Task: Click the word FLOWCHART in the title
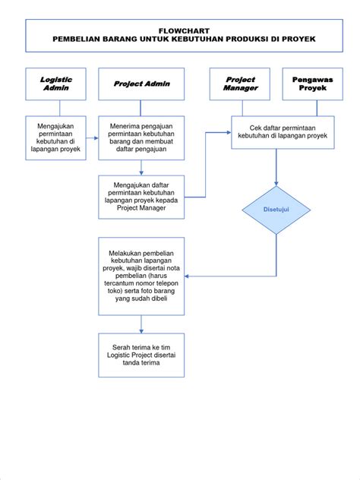180,28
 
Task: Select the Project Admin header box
141,84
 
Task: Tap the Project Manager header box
242,84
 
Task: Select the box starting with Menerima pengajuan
141,137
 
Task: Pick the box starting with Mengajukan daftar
141,197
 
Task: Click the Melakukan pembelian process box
141,276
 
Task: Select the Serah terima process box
141,353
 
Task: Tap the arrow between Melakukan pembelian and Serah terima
141,324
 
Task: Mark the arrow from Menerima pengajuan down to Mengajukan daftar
141,168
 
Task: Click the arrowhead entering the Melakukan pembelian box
188,276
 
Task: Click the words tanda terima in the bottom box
141,362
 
